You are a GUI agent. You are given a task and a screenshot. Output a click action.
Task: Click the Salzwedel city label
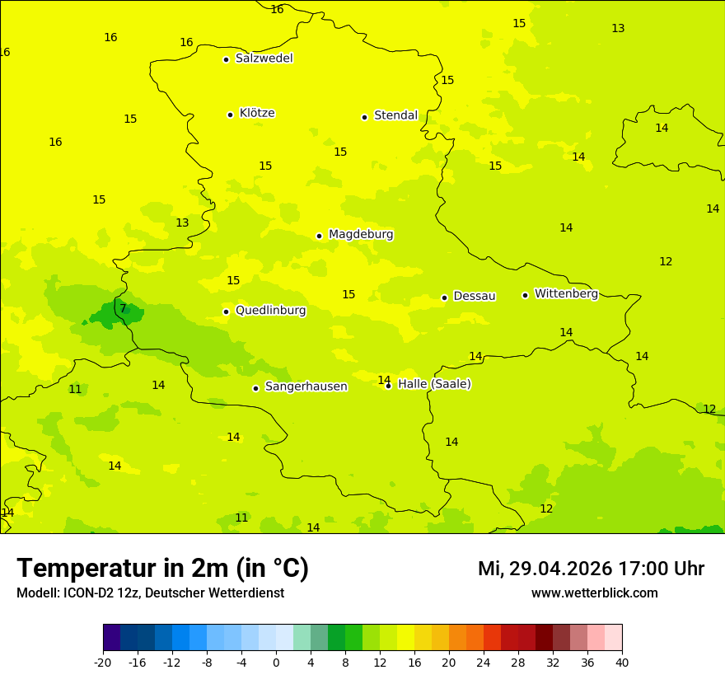tap(264, 59)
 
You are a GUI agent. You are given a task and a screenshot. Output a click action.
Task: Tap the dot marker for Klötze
tap(230, 115)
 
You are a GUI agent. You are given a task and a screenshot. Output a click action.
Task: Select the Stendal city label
tap(395, 115)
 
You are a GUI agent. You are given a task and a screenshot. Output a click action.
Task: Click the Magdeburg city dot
tap(319, 236)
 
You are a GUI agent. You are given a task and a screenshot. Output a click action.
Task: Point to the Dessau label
tap(475, 296)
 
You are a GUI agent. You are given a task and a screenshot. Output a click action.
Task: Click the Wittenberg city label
tap(566, 293)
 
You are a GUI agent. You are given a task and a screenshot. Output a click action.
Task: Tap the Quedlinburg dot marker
tap(226, 312)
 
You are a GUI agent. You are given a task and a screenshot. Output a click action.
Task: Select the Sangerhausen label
tap(306, 387)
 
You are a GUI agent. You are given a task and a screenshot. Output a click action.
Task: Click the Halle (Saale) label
tap(434, 384)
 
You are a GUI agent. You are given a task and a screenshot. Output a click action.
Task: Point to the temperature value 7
tap(123, 309)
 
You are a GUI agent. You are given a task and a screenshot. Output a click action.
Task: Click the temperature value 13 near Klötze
tap(182, 223)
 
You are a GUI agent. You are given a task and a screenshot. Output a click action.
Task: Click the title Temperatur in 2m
tap(162, 569)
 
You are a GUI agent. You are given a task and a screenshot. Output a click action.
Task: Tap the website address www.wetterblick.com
tap(594, 593)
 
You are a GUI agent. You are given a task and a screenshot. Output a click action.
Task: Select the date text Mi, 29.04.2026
tap(545, 569)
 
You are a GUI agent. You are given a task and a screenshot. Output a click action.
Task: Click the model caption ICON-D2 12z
tap(102, 593)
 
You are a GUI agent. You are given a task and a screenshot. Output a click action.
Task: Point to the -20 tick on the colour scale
tap(103, 663)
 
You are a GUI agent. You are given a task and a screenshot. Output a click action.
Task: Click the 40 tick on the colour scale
tap(622, 663)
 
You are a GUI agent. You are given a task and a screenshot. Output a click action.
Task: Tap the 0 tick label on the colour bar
tap(276, 663)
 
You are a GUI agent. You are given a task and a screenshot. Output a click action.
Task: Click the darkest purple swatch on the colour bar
tap(111, 638)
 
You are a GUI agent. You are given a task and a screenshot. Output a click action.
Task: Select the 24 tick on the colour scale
tap(484, 663)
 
